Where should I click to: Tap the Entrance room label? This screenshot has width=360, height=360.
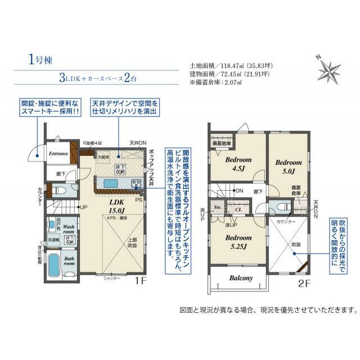(x=58, y=154)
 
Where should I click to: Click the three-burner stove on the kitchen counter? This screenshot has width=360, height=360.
(x=136, y=183)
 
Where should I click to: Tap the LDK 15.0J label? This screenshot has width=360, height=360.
(x=116, y=206)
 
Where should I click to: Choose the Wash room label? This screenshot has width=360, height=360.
(x=68, y=228)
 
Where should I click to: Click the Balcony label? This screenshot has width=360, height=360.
(x=240, y=278)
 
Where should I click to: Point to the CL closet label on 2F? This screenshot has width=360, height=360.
(x=238, y=209)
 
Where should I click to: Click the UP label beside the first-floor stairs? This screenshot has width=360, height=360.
(x=84, y=207)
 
